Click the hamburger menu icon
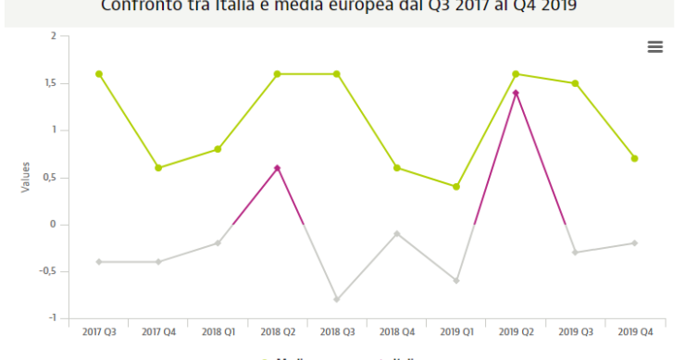[655, 46]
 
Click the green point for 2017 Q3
[99, 74]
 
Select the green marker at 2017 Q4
[158, 168]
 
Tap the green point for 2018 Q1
[218, 149]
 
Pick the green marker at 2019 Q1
[456, 187]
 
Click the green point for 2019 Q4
[634, 158]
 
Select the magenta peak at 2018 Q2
[278, 168]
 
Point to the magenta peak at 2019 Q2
[516, 93]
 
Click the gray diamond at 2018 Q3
[337, 299]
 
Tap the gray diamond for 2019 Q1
[456, 280]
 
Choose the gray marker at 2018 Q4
[396, 233]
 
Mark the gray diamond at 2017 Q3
[99, 262]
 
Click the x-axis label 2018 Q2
[278, 331]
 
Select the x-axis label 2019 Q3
[575, 331]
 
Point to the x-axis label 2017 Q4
[158, 331]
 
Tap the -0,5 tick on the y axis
[48, 271]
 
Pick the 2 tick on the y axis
[54, 36]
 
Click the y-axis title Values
[25, 177]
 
